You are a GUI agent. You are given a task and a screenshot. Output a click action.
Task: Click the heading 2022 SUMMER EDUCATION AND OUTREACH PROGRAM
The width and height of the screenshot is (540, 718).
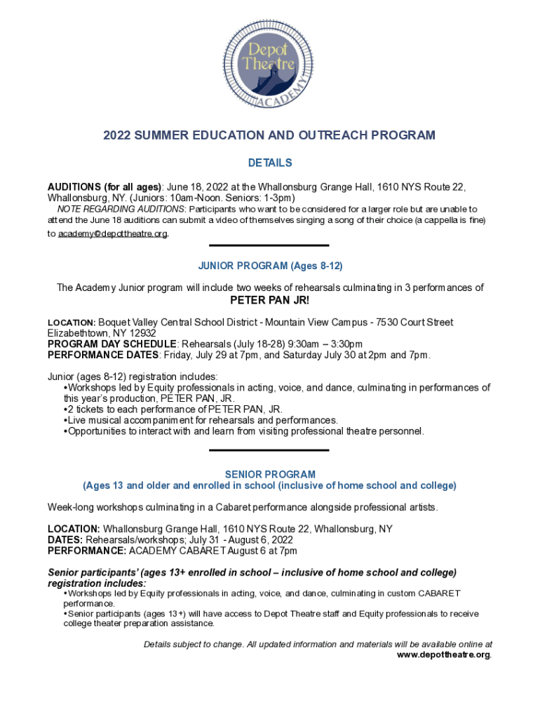pos(270,135)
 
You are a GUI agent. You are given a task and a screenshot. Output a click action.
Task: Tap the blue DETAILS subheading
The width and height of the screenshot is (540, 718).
pos(270,163)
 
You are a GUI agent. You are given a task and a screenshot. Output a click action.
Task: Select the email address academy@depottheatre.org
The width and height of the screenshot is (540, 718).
pos(113,233)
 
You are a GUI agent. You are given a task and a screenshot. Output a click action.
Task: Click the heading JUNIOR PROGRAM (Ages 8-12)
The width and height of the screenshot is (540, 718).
pos(270,266)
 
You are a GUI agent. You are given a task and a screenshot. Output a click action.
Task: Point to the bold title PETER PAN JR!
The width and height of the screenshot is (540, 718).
pos(270,302)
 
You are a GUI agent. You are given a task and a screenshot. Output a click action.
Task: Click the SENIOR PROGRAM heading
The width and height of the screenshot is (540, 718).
pos(270,475)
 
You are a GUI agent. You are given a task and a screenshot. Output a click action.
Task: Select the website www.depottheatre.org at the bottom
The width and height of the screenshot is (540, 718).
pos(444,655)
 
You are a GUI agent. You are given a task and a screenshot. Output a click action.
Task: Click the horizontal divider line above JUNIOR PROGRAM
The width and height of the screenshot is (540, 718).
pos(270,245)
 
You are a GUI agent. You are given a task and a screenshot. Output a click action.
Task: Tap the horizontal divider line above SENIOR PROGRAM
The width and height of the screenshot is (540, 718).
pos(270,450)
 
